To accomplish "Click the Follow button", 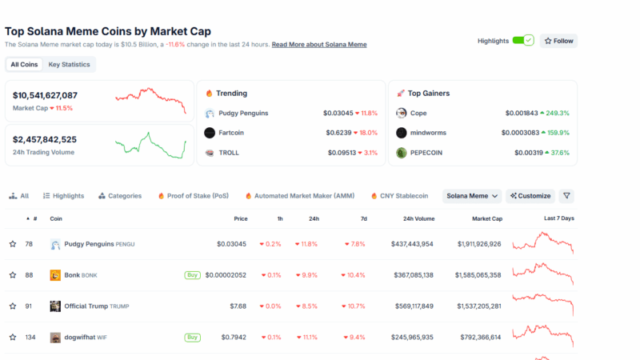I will click(x=558, y=41).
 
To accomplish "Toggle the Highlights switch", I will click(x=522, y=41).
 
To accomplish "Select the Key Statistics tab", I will click(x=70, y=64).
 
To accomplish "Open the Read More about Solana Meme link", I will click(x=319, y=45).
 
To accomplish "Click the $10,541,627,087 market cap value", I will click(x=46, y=95).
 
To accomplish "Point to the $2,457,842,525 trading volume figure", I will click(x=45, y=139).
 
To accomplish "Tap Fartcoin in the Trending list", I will click(x=233, y=133).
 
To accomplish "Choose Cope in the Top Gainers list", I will click(x=418, y=113).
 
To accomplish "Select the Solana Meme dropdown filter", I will click(x=472, y=195).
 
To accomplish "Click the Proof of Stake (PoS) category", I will click(x=198, y=195).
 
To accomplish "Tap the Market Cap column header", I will click(x=486, y=218).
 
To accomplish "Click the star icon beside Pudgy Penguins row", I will click(x=13, y=244).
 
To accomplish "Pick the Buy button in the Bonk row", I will click(x=192, y=275).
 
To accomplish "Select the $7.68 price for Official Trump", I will click(x=238, y=306).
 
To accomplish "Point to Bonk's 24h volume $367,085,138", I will click(x=406, y=275).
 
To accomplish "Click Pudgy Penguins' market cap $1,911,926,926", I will click(x=479, y=244).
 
